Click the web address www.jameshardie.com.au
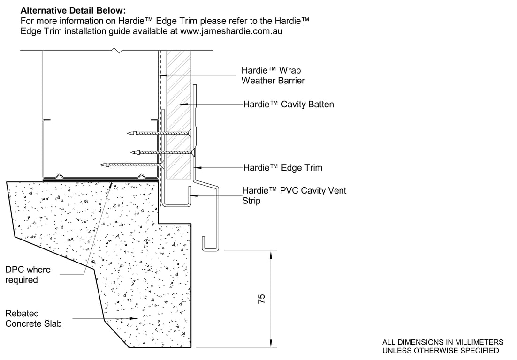[231, 31]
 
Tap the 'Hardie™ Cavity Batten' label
[288, 105]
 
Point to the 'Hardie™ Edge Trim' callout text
[282, 167]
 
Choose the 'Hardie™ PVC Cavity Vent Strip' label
[294, 195]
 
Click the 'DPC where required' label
[28, 275]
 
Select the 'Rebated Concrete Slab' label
[33, 318]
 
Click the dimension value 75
[262, 299]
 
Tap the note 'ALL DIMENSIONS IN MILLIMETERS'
[443, 342]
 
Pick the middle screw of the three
[164, 151]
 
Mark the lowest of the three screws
[134, 165]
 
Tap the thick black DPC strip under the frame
[100, 180]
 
